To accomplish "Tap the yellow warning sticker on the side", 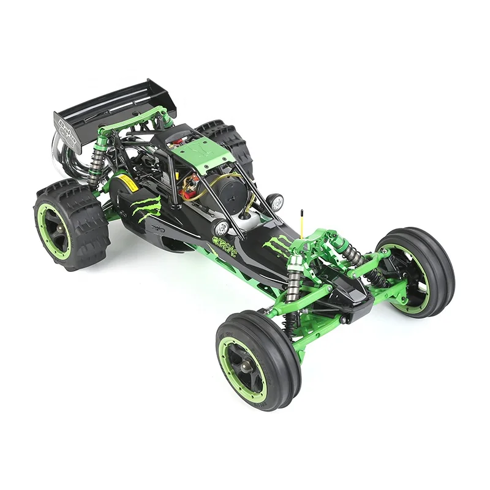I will (126, 183).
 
